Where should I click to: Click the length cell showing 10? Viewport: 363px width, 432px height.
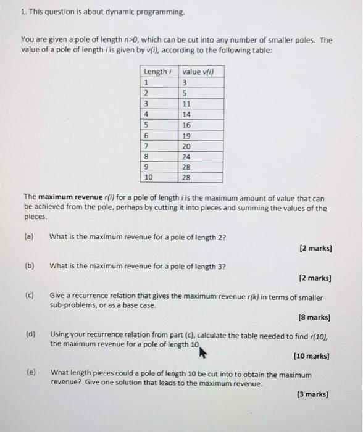pos(148,178)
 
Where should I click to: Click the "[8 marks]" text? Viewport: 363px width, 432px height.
pos(315,318)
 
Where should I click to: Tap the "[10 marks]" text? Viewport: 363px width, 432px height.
pos(312,356)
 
